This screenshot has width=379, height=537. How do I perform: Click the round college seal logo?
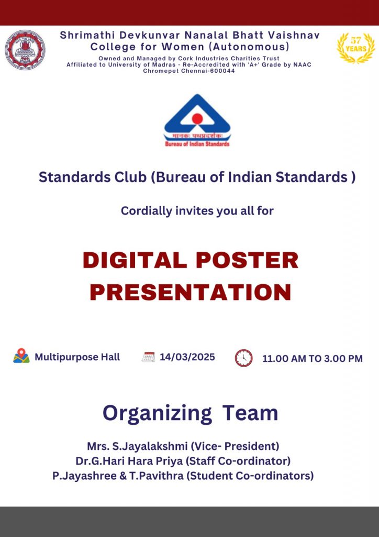coord(25,50)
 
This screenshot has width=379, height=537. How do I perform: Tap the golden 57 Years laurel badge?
coord(356,48)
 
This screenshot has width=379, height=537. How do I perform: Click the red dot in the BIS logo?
coord(197,119)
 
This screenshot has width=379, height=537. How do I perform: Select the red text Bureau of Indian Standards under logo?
coord(197,144)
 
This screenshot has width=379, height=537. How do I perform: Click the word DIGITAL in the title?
coord(135,260)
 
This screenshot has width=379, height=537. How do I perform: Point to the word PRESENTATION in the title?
coord(191,292)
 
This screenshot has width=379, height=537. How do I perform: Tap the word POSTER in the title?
coord(247,260)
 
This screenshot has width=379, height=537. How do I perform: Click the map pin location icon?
coord(21,356)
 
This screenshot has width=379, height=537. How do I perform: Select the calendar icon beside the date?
coord(148,357)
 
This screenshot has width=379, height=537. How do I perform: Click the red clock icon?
coord(243,358)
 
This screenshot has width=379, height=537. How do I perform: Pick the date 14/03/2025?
coord(187,357)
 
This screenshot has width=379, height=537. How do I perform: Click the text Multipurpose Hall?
coord(77,357)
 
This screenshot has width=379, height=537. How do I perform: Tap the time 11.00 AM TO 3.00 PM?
coord(313,359)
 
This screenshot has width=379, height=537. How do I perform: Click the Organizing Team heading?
coord(191,413)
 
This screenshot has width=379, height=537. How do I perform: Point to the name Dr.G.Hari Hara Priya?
coord(129,461)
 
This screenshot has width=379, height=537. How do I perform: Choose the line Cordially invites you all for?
coord(197,211)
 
